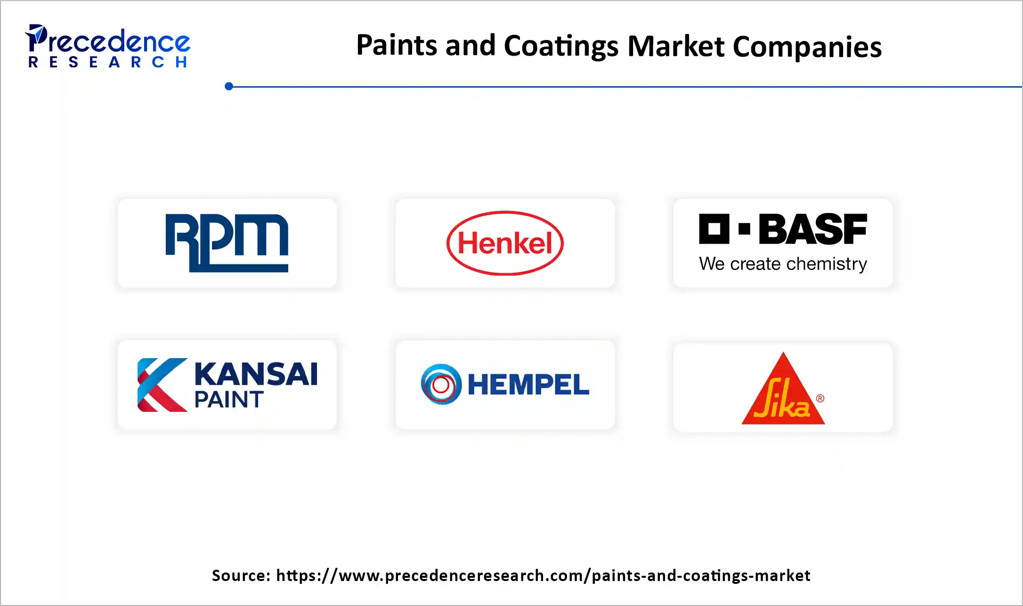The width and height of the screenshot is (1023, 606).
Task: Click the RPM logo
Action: [x=227, y=243]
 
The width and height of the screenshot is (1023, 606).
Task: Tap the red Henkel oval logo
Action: [x=505, y=243]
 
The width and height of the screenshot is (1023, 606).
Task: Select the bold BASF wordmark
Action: [x=812, y=229]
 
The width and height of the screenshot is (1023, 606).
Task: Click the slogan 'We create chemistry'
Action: [x=783, y=264]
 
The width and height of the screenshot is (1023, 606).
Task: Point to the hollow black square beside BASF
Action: [x=714, y=229]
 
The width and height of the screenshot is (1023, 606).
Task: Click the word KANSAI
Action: [x=256, y=374]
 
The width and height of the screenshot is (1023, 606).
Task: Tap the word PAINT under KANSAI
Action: [x=229, y=400]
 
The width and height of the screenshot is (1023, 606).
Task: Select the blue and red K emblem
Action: [x=162, y=385]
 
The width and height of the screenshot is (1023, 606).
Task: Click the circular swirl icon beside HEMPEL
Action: [x=441, y=385]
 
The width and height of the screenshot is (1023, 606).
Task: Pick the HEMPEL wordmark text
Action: [x=528, y=385]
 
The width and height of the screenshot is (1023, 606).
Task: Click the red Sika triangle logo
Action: [x=783, y=393]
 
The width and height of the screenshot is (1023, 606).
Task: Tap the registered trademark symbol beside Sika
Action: [x=820, y=398]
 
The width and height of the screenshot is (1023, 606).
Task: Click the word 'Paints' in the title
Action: [x=397, y=46]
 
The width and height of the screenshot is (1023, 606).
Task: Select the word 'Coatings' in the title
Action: [x=561, y=47]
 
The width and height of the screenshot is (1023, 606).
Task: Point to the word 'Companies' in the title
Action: [x=807, y=47]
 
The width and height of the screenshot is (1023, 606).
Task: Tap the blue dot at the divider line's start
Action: [x=229, y=86]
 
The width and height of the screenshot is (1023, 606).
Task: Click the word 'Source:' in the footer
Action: [x=241, y=575]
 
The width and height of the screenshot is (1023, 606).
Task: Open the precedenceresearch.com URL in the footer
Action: [x=543, y=575]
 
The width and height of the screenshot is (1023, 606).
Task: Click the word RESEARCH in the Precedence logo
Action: [x=108, y=62]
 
